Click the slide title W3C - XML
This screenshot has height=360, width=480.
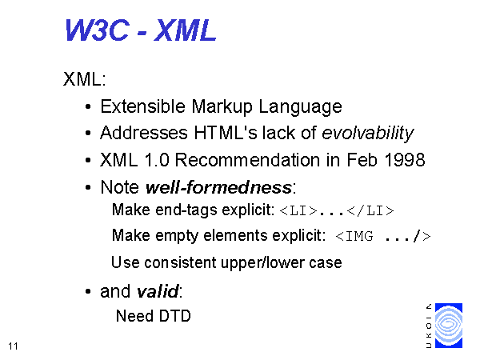point(141,30)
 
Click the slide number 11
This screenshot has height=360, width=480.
point(13,346)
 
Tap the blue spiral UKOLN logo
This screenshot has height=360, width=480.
point(449,326)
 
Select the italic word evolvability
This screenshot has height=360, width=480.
point(368,134)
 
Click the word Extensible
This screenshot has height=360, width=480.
point(143,106)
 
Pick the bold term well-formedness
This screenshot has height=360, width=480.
point(218,186)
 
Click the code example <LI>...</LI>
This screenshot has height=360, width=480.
point(337,211)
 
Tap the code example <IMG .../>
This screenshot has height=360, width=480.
point(383,236)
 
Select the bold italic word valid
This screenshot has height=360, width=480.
point(157,291)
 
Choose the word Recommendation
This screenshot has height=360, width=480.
point(247,160)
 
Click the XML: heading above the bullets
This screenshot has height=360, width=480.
point(85,79)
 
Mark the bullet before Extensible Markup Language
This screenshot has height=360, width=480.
point(88,107)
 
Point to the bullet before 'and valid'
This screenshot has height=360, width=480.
point(88,291)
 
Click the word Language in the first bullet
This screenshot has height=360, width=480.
point(300,107)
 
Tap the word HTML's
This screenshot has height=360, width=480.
point(226,133)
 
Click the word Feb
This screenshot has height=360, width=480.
point(362,160)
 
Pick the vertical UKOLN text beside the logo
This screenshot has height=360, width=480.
point(429,326)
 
